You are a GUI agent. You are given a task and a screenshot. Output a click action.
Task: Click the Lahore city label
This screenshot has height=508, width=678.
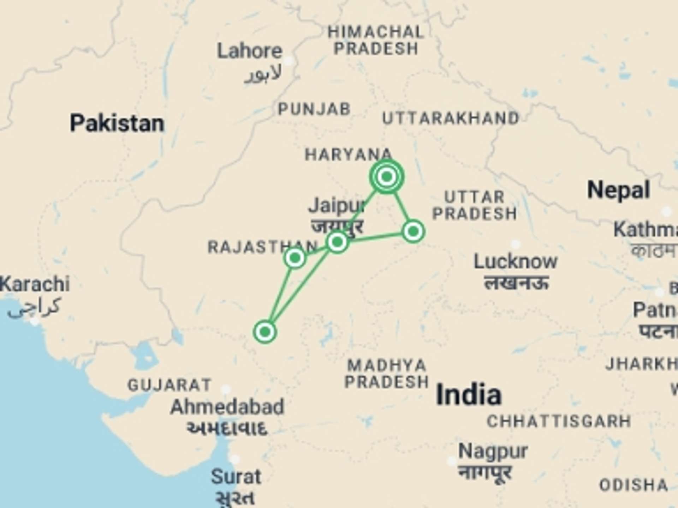[250, 52]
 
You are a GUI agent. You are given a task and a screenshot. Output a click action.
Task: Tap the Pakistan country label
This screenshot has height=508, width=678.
[117, 123]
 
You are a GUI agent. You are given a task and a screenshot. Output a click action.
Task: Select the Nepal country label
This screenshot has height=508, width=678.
[618, 190]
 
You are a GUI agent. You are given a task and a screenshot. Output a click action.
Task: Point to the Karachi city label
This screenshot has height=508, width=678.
[35, 284]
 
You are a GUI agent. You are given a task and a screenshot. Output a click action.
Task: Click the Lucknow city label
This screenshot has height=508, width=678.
[515, 262]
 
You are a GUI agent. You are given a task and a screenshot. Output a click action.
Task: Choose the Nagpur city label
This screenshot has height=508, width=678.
[493, 451]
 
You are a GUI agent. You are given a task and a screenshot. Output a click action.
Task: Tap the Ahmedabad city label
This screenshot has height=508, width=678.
[227, 407]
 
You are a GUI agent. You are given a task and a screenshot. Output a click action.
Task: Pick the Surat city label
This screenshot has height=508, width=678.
[236, 477]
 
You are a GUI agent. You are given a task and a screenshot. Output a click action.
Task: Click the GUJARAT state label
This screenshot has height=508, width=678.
[169, 385]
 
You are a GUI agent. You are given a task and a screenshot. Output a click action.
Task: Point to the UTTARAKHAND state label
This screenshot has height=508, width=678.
[451, 119]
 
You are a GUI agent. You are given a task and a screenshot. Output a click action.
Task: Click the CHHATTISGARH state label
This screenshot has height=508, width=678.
[559, 421]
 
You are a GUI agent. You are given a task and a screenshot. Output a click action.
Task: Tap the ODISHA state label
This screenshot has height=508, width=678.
[634, 485]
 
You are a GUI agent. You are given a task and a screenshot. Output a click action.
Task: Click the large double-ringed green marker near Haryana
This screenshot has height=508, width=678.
[387, 176]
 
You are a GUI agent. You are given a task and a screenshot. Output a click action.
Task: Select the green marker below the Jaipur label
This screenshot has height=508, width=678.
[338, 242]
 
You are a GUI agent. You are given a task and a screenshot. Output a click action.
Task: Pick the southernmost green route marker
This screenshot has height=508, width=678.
[265, 332]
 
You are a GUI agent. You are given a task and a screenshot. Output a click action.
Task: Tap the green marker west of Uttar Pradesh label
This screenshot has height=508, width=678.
[413, 231]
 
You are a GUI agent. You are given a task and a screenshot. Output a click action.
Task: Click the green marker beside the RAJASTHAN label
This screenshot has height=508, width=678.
[295, 258]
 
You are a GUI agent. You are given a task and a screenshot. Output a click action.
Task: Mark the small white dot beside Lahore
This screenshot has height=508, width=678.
[289, 61]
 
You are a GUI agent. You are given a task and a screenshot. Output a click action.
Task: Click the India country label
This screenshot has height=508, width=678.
[469, 395]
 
